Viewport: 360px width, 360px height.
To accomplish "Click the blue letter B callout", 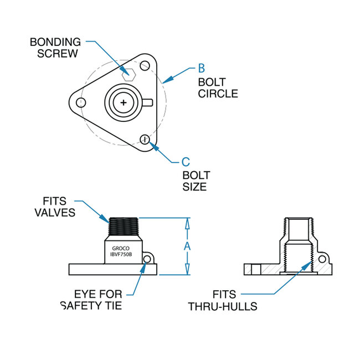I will pos(202,69).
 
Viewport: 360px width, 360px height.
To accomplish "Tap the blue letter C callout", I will pos(186,162).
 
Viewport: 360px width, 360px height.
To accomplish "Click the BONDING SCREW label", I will pos(55,48).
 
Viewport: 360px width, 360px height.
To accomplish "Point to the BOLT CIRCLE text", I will pos(218,88).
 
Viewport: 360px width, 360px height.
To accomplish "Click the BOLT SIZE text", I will pos(197,181).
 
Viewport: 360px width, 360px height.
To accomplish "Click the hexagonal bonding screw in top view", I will pos(128,74).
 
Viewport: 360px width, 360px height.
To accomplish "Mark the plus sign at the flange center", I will pos(123,102).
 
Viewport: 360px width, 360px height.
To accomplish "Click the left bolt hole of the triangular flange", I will pos(81,102).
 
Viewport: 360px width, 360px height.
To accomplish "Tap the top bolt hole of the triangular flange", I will pos(145,66).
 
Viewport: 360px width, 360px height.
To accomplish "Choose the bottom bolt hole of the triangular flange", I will pos(145,139).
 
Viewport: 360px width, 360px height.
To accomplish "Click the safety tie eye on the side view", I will pos(148,259).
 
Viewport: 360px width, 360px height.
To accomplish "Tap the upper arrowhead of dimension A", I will pos(187,223).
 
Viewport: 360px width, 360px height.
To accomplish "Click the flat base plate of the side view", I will pos(111,269).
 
